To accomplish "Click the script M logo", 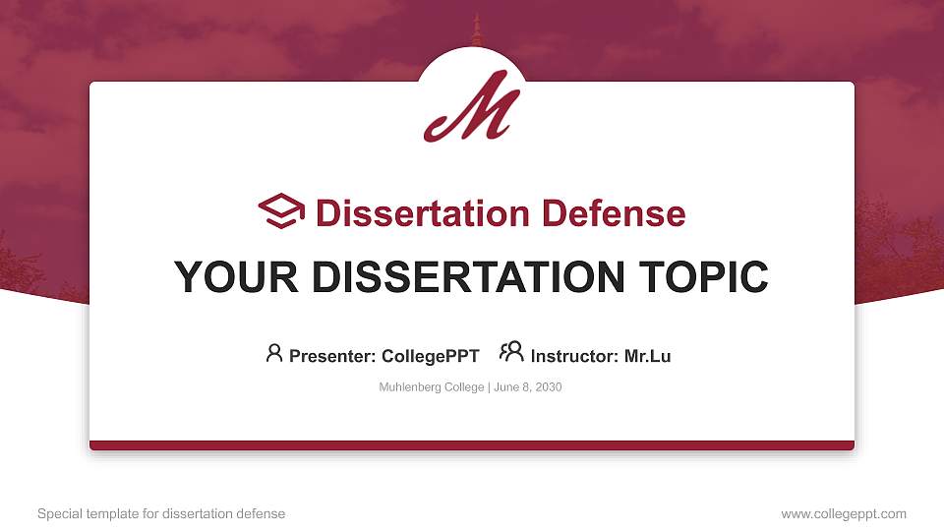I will click(x=472, y=105).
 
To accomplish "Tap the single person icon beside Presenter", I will click(x=274, y=353).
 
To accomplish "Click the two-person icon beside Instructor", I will click(x=511, y=352).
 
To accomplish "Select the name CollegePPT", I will click(x=431, y=356).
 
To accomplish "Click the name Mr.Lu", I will click(x=647, y=356).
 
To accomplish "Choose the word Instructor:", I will click(x=574, y=356).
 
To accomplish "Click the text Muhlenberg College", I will click(x=431, y=387).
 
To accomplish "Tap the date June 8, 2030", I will click(x=527, y=387).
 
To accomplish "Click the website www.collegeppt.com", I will click(x=844, y=514).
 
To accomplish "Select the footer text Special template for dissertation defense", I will click(x=161, y=514).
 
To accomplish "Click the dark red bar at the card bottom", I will click(x=472, y=445).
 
